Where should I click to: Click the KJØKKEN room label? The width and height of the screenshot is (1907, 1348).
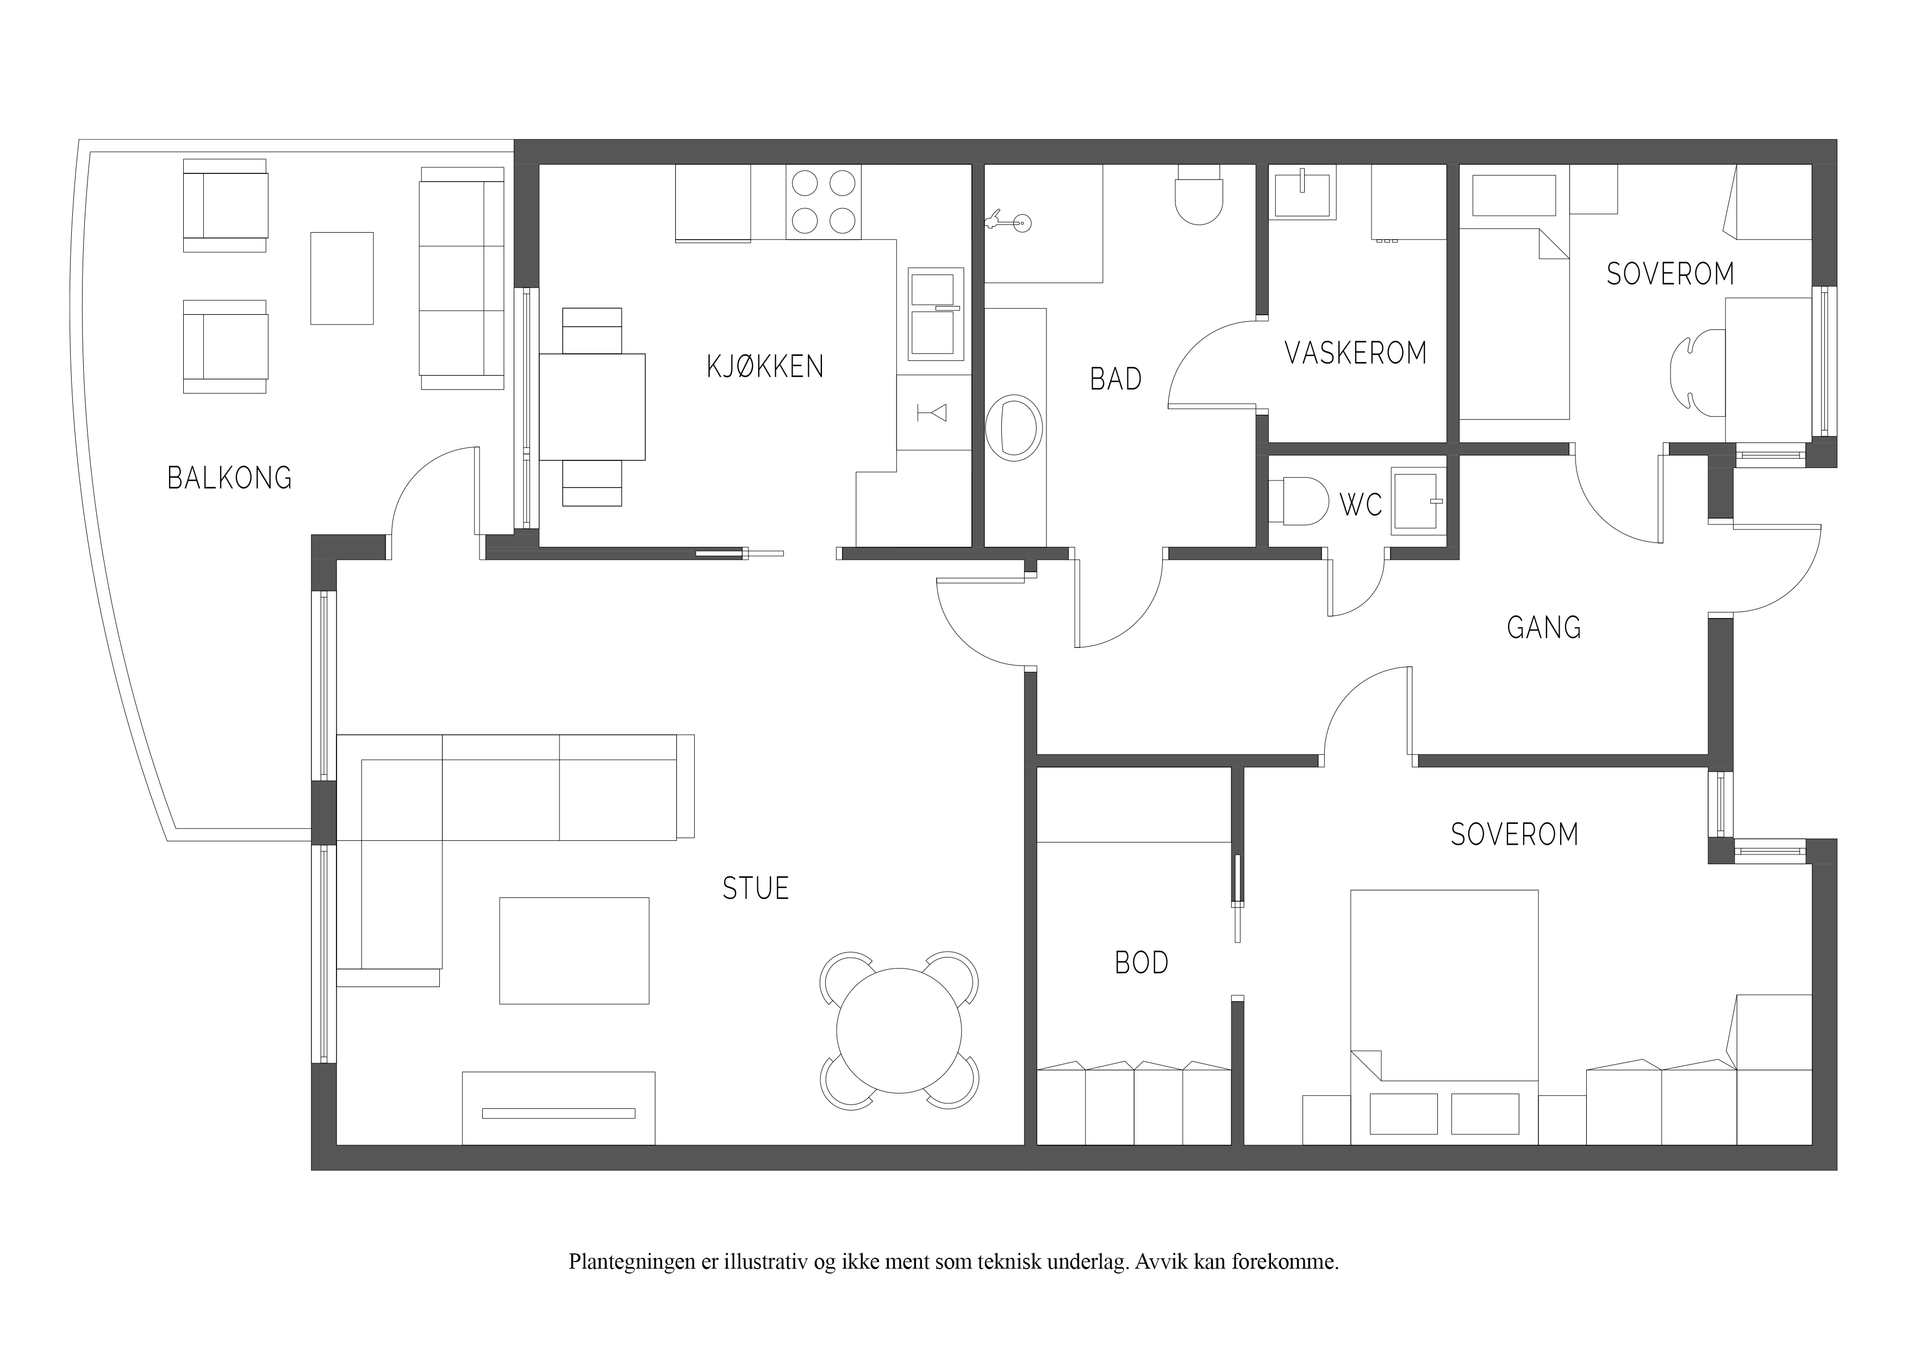(x=765, y=366)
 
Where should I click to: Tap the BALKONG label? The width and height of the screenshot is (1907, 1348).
(x=230, y=478)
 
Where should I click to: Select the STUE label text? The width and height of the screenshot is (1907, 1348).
(x=755, y=889)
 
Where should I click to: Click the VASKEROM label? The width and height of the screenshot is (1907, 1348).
(x=1355, y=353)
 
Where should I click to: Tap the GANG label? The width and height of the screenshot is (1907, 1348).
(x=1544, y=627)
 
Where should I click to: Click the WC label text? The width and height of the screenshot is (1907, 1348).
(x=1361, y=504)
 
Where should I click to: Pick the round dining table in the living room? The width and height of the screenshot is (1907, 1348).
(x=899, y=1031)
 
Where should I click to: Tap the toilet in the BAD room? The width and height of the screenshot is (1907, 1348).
(x=1199, y=195)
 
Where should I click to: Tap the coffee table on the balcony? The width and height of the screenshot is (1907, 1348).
(x=341, y=278)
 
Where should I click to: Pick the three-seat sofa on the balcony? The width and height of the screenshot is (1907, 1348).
(x=462, y=278)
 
